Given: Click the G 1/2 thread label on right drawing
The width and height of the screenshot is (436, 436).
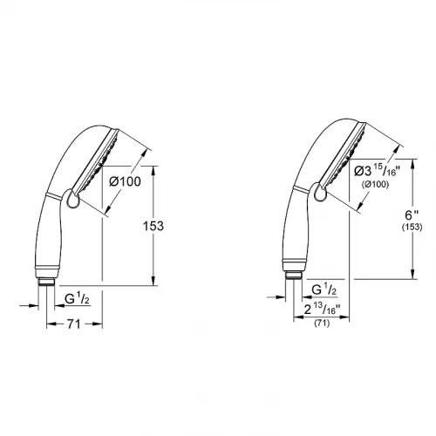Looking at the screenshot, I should click(x=324, y=290).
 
